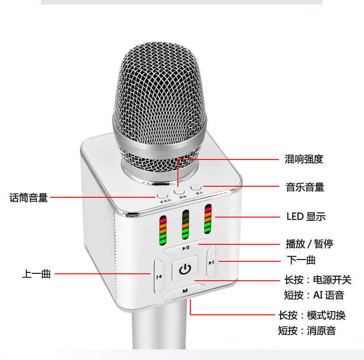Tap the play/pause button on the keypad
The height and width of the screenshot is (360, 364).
click(186, 248)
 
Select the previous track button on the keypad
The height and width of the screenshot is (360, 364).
click(159, 276)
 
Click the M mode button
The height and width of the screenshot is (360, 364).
click(185, 291)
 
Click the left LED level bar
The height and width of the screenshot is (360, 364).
click(163, 230)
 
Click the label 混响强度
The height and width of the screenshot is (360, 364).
click(305, 159)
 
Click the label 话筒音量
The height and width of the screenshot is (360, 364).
click(29, 198)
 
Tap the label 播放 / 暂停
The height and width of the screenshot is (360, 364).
click(310, 244)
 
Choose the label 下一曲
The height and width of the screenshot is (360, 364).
click(301, 260)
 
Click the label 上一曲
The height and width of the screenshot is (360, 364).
click(36, 274)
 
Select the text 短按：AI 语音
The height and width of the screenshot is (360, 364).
click(314, 295)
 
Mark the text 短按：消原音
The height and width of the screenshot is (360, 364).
click(307, 330)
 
